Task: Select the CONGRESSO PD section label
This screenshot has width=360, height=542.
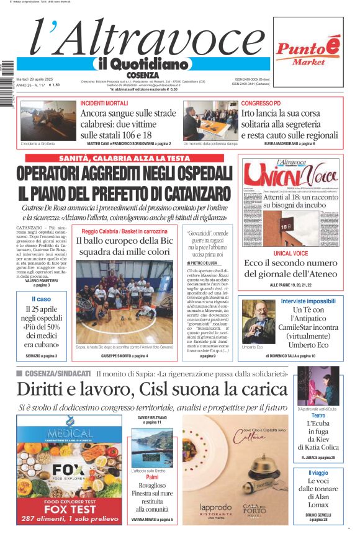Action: (x=261, y=103)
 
